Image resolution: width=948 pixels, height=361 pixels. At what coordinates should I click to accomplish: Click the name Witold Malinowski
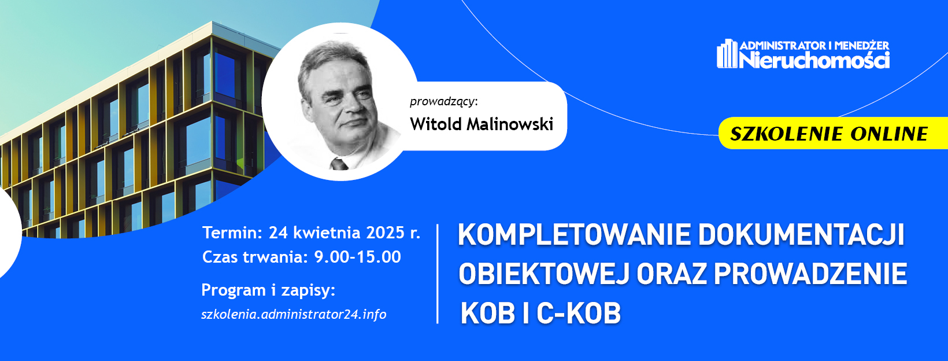point(481,124)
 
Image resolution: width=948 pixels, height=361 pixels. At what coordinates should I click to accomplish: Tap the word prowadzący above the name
point(442,102)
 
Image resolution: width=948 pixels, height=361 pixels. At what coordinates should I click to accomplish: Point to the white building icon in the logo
point(727,54)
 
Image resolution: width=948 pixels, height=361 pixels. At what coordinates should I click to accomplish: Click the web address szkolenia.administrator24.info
point(294,314)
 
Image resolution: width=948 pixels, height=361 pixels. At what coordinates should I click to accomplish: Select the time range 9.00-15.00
point(358,257)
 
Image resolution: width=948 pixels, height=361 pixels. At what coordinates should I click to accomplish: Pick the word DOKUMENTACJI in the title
point(801,235)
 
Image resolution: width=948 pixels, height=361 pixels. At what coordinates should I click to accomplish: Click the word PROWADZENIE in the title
point(810,274)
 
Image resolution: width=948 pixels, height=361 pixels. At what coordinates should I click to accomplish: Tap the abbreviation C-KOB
point(579,314)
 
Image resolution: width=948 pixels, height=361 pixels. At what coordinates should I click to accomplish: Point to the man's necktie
point(339,164)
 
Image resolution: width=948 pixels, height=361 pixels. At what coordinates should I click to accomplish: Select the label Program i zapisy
point(268,290)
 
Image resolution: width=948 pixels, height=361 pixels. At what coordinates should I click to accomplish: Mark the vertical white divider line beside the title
point(438,274)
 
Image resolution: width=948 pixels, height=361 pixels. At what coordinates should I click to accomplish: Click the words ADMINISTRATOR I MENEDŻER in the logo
point(814,46)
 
